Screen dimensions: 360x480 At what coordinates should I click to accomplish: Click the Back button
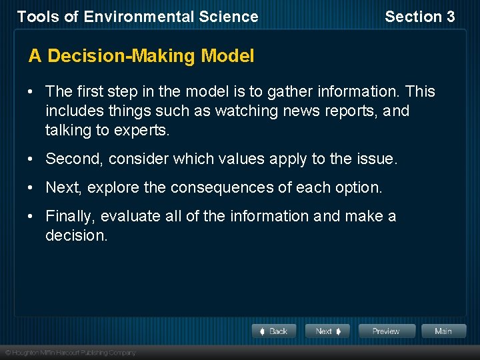274,331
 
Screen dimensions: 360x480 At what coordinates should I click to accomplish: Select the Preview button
387,331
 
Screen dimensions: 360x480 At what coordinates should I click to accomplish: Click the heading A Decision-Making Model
141,56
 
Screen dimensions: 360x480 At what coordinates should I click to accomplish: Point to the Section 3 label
420,17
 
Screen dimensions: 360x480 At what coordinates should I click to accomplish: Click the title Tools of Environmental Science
137,17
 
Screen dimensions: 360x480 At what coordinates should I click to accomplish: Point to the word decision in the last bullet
76,235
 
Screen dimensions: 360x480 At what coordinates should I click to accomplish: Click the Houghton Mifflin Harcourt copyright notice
70,352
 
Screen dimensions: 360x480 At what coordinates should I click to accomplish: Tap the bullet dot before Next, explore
32,187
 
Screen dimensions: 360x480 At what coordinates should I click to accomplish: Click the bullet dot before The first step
32,91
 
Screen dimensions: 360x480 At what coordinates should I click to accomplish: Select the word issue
377,159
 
